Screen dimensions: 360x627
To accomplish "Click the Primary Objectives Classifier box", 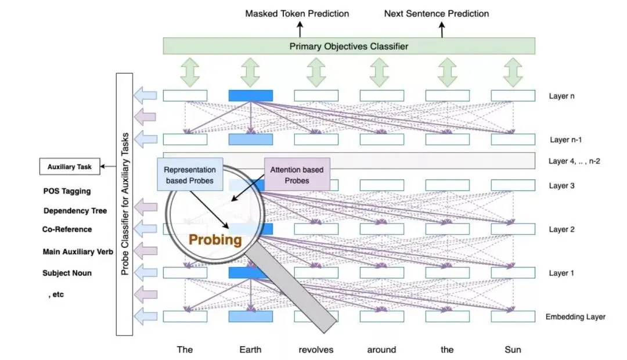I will (x=349, y=46).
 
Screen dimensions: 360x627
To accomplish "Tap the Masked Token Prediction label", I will (x=297, y=13).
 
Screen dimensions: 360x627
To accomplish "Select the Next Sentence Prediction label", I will (x=437, y=13).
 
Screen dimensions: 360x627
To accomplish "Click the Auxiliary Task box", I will (x=69, y=167).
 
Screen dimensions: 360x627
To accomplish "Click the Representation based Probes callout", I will (x=190, y=175).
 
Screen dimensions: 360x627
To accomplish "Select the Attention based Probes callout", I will (x=297, y=175).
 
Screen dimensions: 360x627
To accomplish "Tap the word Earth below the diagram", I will (x=250, y=350).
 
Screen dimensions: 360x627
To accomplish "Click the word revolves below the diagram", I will (x=316, y=350).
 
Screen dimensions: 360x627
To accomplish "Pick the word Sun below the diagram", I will (x=513, y=350).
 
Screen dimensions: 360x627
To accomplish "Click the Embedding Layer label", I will (x=575, y=317).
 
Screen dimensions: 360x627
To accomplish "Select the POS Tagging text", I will (x=67, y=191).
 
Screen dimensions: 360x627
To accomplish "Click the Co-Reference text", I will (x=67, y=229).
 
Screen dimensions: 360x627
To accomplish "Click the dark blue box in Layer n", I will (x=250, y=96).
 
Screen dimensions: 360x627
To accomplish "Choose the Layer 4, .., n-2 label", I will (x=574, y=161).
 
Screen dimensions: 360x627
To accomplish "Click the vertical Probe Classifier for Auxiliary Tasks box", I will (x=125, y=204).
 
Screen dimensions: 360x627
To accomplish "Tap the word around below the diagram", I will (x=381, y=350).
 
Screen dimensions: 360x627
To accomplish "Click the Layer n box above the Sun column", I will (x=513, y=96).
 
